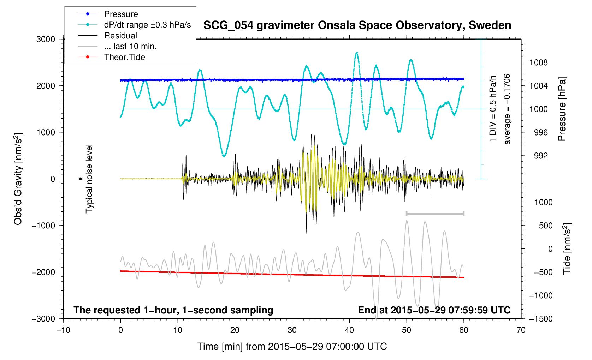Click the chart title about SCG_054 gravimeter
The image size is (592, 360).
(x=357, y=25)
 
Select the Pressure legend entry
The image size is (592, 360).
(x=121, y=14)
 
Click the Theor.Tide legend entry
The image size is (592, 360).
(x=124, y=57)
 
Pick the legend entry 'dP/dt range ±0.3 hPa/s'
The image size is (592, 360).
(x=147, y=25)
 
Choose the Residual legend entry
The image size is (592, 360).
(x=120, y=36)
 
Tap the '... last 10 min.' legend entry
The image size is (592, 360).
(x=130, y=46)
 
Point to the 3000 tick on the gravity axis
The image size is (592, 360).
(x=46, y=39)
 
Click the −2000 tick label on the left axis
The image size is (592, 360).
(x=43, y=272)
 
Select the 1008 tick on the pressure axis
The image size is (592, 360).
(x=538, y=63)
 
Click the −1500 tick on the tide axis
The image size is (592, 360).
(x=540, y=319)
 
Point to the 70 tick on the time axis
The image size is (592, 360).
(x=521, y=330)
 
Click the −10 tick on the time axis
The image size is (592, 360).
(x=63, y=330)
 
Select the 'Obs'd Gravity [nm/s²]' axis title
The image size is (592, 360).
(x=18, y=179)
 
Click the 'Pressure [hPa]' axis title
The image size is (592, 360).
(x=562, y=109)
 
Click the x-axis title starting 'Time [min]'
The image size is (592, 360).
(x=292, y=347)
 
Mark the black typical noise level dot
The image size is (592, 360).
(x=80, y=179)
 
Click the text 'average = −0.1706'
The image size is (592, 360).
(x=507, y=109)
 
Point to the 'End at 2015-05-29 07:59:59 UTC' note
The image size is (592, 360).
(x=434, y=310)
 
